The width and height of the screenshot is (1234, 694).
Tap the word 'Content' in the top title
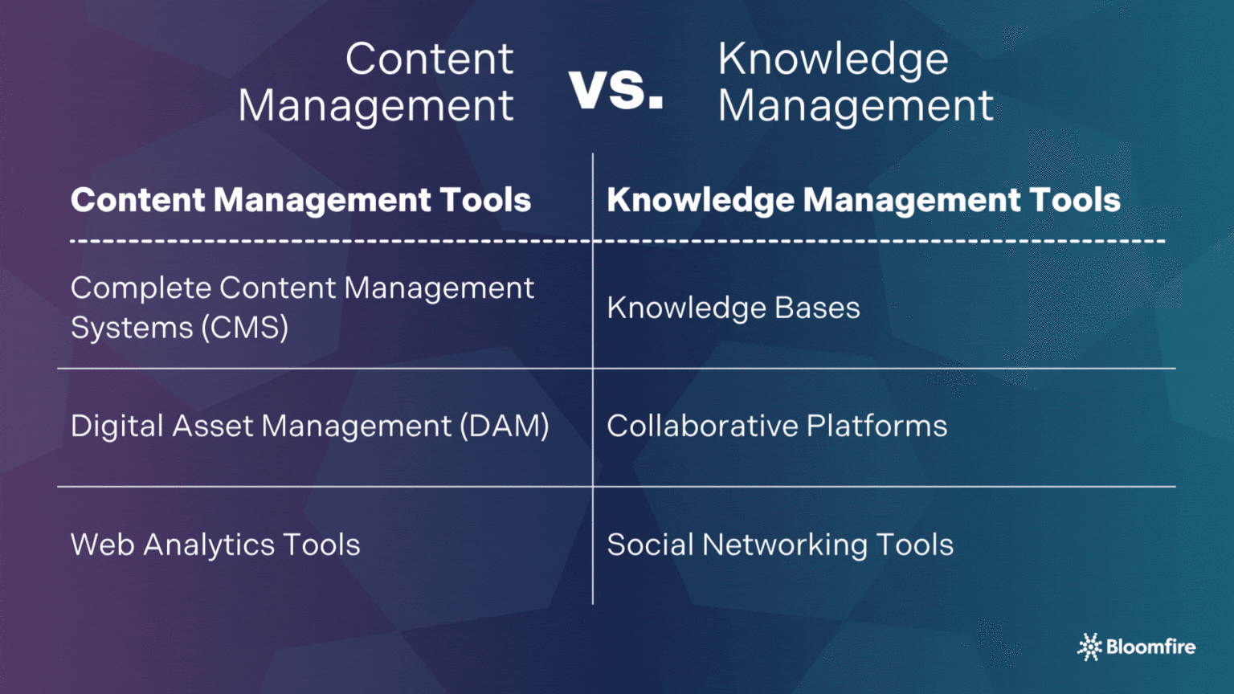[429, 59]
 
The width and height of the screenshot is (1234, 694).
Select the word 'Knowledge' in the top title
[833, 59]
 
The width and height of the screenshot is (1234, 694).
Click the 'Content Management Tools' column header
[300, 200]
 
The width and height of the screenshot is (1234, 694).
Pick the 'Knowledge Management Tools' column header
[863, 200]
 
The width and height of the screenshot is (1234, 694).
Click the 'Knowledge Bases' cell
[733, 308]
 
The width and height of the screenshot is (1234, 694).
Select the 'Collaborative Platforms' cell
[776, 426]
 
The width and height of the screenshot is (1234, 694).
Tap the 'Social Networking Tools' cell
[779, 545]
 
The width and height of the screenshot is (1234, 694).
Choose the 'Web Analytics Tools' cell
[215, 545]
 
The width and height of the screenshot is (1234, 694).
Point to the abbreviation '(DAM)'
[504, 426]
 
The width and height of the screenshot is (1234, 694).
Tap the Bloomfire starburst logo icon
[1089, 647]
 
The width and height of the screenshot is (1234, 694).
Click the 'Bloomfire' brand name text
[1150, 647]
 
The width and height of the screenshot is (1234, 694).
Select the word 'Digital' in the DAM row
[117, 426]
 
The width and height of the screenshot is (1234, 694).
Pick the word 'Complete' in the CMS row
[141, 288]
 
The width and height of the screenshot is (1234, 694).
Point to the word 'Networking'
[784, 545]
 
